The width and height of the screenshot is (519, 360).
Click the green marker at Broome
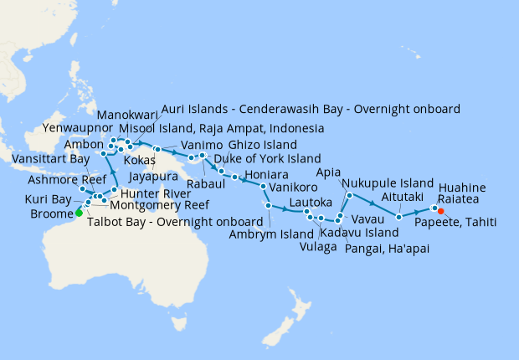pos(79,213)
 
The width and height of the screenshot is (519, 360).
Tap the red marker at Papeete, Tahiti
pos(440,211)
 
